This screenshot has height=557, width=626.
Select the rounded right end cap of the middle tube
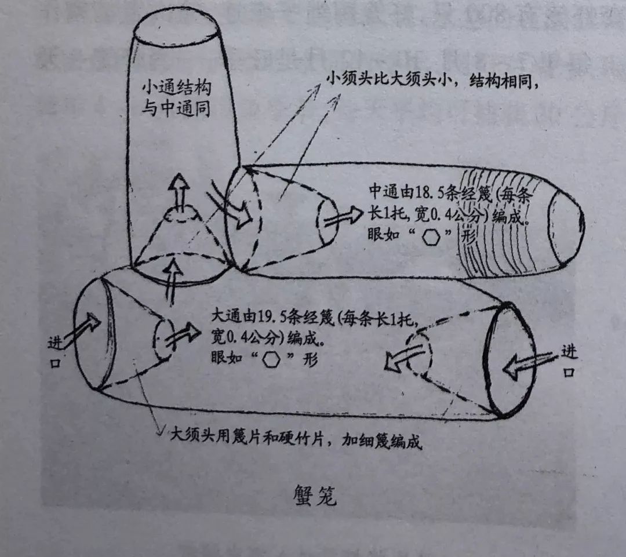[565, 222]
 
